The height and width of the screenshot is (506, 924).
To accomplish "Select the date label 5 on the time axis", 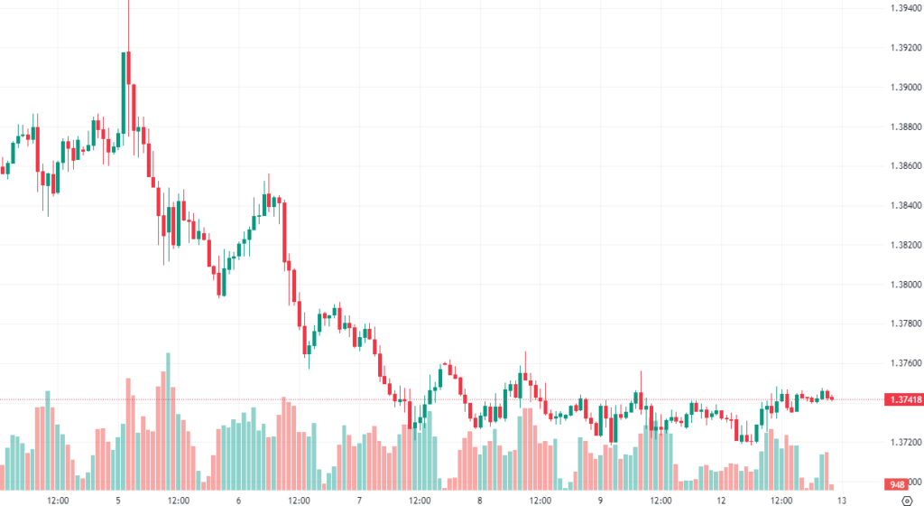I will click(118, 499).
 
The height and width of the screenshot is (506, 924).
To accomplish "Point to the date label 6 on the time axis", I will click(239, 499).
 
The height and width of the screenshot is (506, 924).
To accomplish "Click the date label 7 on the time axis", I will click(359, 499).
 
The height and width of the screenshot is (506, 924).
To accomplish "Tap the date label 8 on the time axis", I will click(480, 499).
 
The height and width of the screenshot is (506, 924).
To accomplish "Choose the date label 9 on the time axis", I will click(600, 499).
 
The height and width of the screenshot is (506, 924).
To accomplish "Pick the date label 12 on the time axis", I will click(721, 499).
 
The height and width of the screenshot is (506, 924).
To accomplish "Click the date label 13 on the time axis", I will click(841, 499).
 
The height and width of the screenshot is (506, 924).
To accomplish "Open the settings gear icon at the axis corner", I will click(906, 499).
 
